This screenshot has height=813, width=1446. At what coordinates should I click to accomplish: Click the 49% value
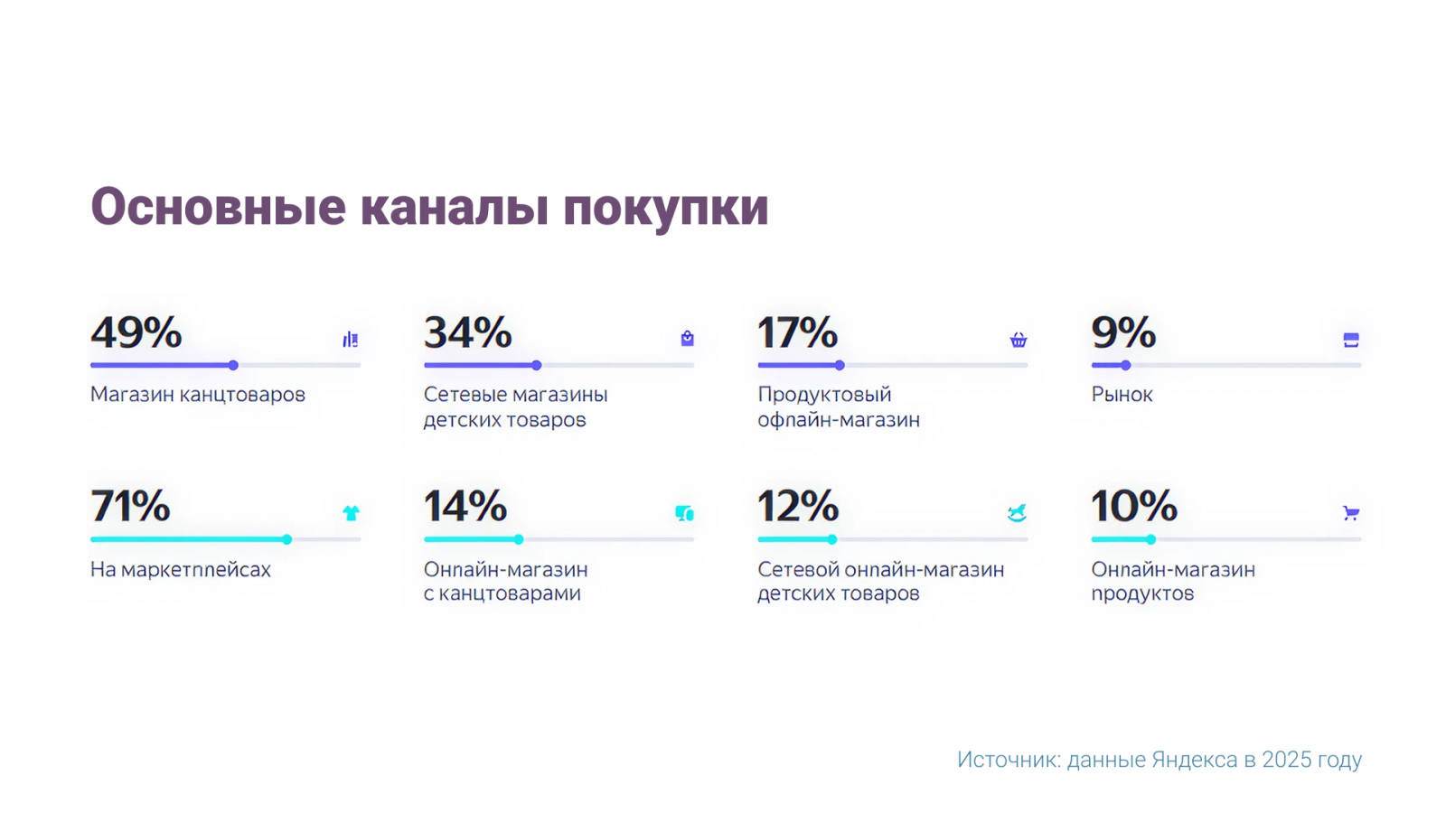136,332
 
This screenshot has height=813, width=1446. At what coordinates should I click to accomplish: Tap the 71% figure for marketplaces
130,506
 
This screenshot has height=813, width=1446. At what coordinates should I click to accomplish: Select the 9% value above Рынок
1123,332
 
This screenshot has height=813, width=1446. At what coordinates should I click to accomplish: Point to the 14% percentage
465,506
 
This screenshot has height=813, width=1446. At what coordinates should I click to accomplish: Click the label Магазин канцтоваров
198,395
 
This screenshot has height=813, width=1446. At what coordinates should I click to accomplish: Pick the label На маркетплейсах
181,570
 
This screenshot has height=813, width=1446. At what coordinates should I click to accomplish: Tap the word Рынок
1122,395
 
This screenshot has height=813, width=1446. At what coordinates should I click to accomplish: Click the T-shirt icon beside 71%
351,513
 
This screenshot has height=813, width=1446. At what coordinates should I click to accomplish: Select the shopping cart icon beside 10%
1351,513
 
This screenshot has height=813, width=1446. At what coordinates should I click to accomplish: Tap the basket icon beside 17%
1019,340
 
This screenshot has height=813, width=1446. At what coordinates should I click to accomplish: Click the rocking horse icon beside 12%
1018,513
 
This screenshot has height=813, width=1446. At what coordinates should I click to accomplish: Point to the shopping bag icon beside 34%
688,339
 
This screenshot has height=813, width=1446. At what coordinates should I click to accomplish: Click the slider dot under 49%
233,365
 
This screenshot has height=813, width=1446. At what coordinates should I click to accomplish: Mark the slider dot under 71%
286,539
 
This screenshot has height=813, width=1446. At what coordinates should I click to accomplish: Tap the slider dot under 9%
1125,365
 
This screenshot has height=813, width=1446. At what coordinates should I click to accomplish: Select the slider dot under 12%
832,539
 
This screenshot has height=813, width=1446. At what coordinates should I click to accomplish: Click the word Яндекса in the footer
1195,760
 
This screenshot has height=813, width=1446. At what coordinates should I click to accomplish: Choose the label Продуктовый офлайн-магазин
838,406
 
